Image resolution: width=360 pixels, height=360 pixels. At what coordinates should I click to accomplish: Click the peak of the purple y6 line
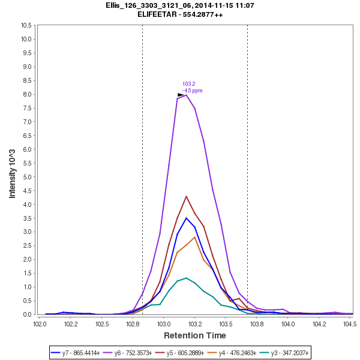coord(187,95)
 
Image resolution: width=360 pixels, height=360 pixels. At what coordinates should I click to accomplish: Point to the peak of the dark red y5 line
coord(187,196)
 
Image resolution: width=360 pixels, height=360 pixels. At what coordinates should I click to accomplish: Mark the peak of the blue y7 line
coord(187,218)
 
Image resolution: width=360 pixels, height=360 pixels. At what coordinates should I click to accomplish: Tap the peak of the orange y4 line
coord(195,237)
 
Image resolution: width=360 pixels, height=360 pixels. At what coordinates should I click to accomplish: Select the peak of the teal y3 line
coord(187,278)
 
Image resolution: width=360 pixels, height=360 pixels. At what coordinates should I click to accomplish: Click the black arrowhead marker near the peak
coord(181,95)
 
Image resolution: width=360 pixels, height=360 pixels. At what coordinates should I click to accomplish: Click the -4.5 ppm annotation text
coord(192,91)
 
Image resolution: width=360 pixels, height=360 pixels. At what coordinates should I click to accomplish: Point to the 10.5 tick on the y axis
coord(26,25)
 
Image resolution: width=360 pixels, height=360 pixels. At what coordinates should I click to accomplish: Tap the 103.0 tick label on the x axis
coord(164,324)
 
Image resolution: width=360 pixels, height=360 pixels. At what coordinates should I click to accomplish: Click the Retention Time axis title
coord(195,335)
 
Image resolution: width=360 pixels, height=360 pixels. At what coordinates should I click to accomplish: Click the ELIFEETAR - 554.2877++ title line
coord(180,14)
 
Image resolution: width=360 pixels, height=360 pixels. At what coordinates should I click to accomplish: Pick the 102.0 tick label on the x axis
coord(40,324)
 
